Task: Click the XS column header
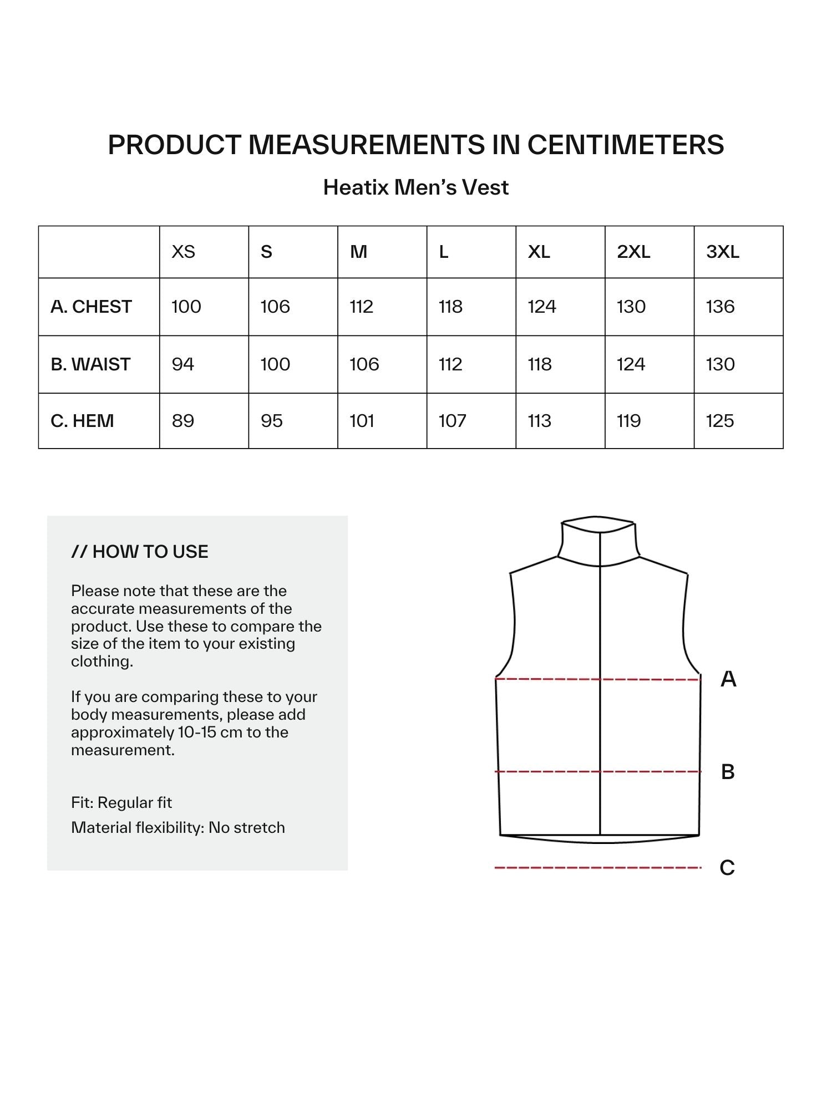pyautogui.click(x=183, y=252)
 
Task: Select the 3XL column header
pyautogui.click(x=722, y=252)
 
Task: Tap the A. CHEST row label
pyautogui.click(x=91, y=307)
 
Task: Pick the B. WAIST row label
pyautogui.click(x=90, y=364)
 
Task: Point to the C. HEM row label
pyautogui.click(x=82, y=421)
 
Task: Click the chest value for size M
pyautogui.click(x=361, y=307)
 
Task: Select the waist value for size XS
pyautogui.click(x=182, y=364)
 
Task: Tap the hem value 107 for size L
pyautogui.click(x=452, y=421)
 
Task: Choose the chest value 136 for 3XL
pyautogui.click(x=720, y=307)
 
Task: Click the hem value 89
pyautogui.click(x=182, y=421)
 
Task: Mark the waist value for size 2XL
pyautogui.click(x=631, y=364)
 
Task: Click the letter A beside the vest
pyautogui.click(x=728, y=679)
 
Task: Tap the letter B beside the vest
pyautogui.click(x=728, y=772)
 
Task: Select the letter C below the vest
pyautogui.click(x=727, y=868)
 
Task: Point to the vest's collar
pyautogui.click(x=598, y=541)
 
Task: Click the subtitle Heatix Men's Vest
pyautogui.click(x=415, y=187)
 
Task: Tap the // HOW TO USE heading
pyautogui.click(x=140, y=552)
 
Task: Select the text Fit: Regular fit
pyautogui.click(x=121, y=802)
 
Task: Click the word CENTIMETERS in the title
pyautogui.click(x=625, y=145)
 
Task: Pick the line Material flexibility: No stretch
pyautogui.click(x=178, y=827)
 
